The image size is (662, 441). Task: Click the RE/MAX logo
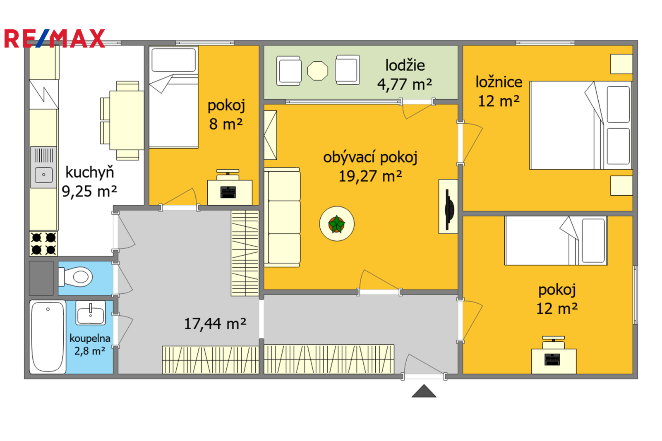[x=55, y=38]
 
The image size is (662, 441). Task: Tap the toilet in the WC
[x=76, y=277]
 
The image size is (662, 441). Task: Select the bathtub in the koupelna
[x=48, y=337]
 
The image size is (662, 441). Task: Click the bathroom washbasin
[x=91, y=313]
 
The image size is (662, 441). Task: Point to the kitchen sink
[x=44, y=167]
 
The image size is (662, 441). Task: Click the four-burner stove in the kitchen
[x=43, y=244]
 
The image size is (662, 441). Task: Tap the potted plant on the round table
[x=337, y=224]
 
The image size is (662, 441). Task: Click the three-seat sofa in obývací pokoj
[x=282, y=218]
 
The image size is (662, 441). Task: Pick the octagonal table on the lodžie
[x=318, y=71]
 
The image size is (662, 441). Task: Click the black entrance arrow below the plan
[x=424, y=391]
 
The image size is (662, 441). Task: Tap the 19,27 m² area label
[x=370, y=177]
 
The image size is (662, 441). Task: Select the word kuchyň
[x=89, y=172]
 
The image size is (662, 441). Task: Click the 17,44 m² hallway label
[x=215, y=324]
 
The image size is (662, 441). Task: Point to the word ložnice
[x=499, y=82]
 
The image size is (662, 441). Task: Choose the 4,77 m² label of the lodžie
[x=405, y=84]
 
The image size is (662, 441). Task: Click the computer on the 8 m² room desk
[x=228, y=192]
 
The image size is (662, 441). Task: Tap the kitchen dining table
[x=127, y=120]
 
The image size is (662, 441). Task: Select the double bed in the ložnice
[x=581, y=125]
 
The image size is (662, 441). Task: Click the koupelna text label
[x=90, y=338]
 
